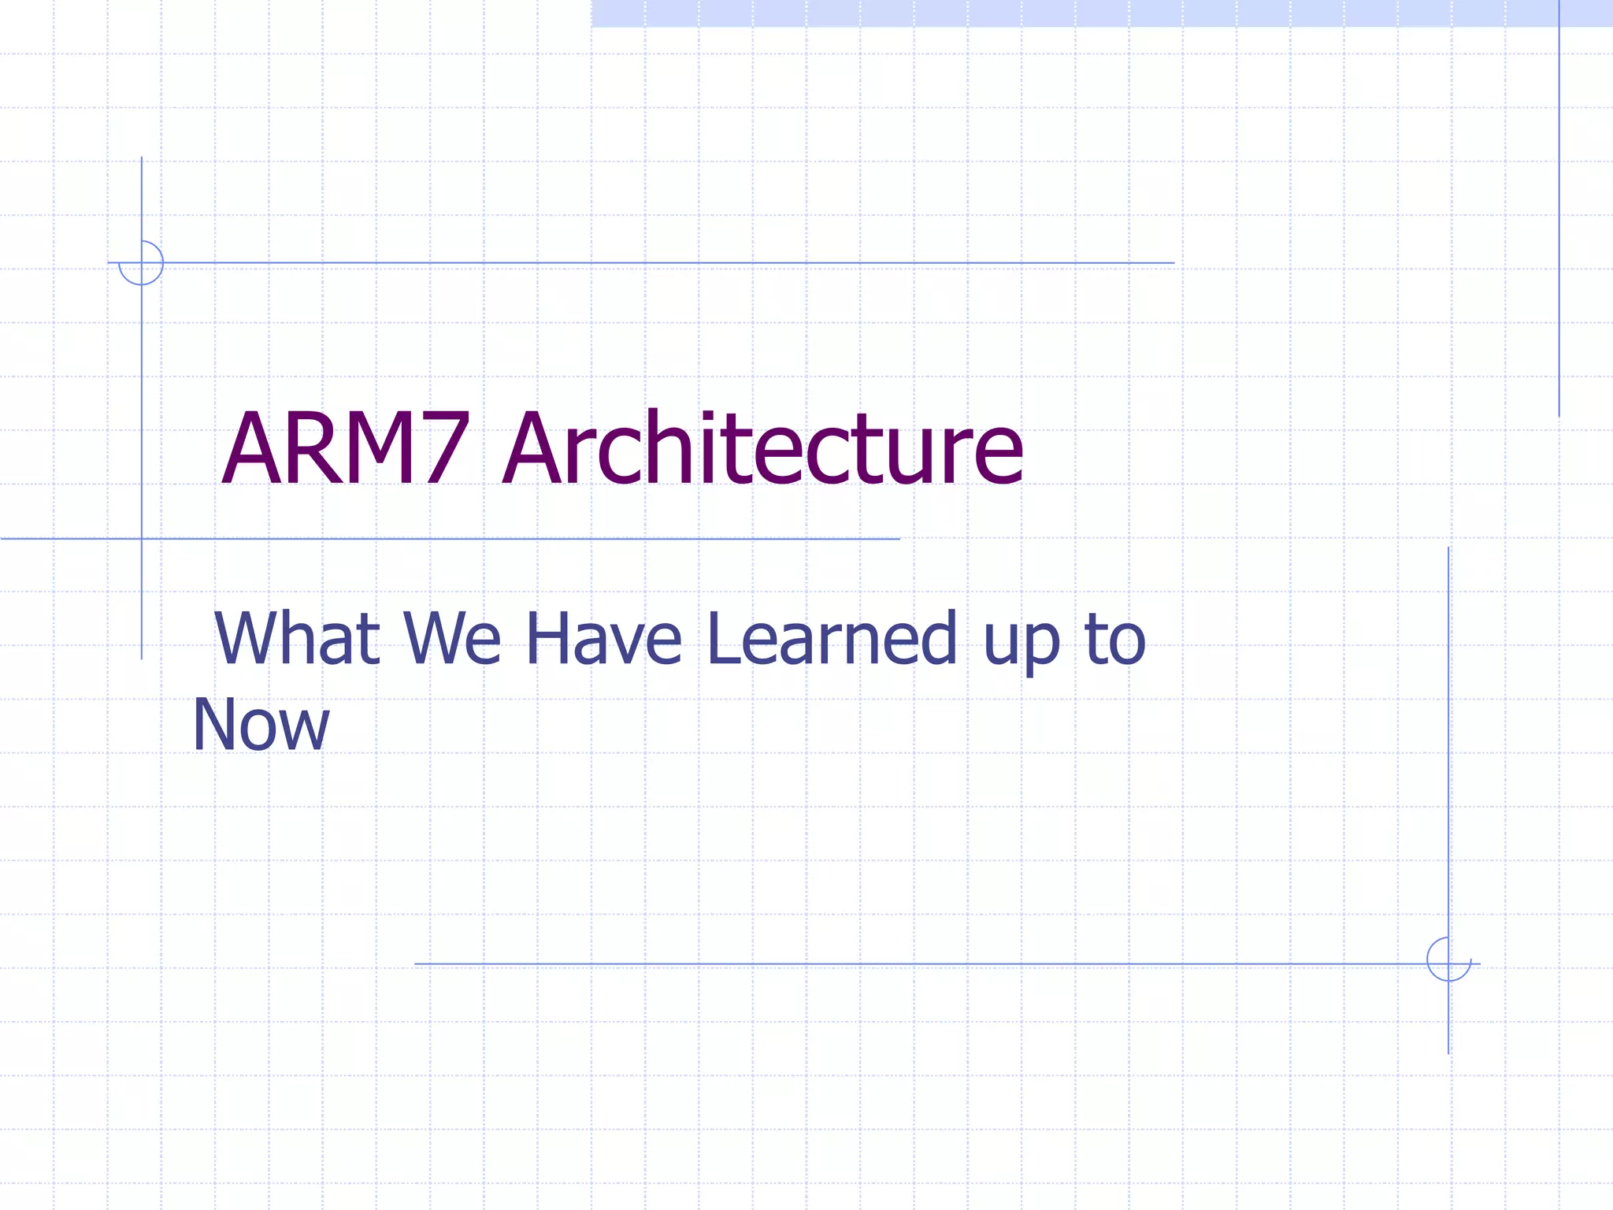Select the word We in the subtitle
click(452, 638)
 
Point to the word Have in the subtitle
click(603, 638)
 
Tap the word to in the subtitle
click(1115, 638)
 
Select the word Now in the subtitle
click(261, 725)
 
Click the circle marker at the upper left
click(142, 262)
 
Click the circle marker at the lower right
click(1448, 959)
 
